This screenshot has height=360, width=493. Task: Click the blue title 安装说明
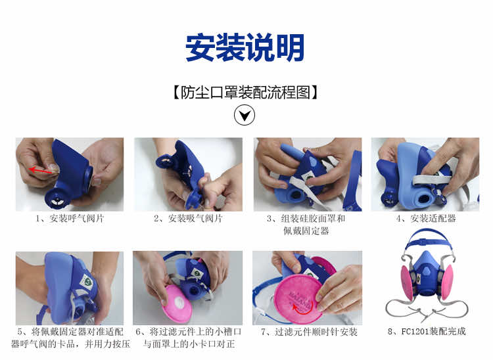(245, 47)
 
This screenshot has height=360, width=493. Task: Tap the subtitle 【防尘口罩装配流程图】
(245, 93)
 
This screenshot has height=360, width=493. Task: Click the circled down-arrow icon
(245, 115)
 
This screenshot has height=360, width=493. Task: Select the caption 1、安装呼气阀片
(70, 218)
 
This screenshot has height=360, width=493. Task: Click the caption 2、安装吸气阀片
(188, 218)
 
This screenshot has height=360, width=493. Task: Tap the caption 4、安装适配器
(426, 218)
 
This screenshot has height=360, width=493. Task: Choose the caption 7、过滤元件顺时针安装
(309, 332)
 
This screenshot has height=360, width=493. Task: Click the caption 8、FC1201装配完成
(427, 331)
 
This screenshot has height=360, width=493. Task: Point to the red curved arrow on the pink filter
(302, 309)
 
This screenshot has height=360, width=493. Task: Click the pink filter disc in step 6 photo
(177, 303)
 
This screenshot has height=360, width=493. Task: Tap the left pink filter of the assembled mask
(408, 282)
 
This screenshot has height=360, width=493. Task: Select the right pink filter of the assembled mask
(447, 282)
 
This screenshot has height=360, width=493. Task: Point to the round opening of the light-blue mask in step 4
(423, 199)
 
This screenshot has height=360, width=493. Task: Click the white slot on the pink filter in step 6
(179, 302)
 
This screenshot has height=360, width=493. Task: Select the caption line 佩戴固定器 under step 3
(306, 231)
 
